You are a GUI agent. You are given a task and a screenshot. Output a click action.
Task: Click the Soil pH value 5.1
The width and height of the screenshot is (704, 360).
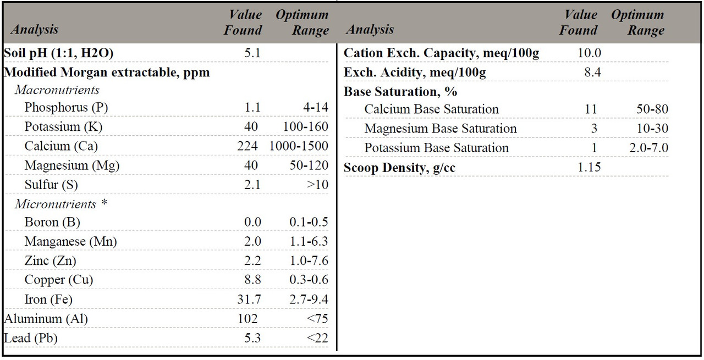coord(252,53)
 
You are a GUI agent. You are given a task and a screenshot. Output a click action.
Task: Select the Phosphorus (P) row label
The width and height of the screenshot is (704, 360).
coord(66,108)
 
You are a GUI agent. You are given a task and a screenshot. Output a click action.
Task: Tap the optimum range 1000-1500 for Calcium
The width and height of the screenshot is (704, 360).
coord(299,146)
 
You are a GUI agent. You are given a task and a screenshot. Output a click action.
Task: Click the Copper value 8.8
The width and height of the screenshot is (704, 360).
coord(252,280)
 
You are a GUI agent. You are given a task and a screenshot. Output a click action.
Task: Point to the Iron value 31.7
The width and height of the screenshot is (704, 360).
coord(249,300)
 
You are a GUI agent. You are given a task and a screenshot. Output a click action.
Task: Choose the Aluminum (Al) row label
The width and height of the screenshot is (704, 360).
coord(46,319)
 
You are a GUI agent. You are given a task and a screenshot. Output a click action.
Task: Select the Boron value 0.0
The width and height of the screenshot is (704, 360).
coord(252,222)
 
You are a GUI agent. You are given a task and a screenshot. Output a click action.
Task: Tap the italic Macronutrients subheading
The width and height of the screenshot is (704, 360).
coord(57,90)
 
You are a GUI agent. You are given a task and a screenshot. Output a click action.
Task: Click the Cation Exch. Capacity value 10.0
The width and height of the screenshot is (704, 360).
coord(590,53)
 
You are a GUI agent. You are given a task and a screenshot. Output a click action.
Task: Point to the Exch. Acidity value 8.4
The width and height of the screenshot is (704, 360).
coord(592,73)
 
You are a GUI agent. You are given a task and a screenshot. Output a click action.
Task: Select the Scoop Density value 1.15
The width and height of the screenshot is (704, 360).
coord(590,168)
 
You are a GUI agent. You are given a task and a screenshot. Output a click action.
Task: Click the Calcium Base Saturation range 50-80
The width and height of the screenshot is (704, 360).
coord(652,109)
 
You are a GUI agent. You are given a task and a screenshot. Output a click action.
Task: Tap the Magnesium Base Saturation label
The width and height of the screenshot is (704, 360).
coord(440,129)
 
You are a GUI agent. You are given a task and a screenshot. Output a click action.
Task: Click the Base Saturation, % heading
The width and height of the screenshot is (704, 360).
coord(400,91)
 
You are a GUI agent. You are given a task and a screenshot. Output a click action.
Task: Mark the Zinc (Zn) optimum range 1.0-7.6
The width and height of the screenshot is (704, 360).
coord(309,261)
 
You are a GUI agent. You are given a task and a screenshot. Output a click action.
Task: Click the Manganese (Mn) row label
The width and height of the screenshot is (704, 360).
coord(70,241)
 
